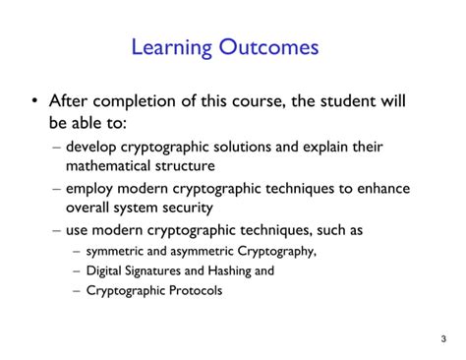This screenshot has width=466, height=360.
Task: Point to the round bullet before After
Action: pos(36,102)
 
